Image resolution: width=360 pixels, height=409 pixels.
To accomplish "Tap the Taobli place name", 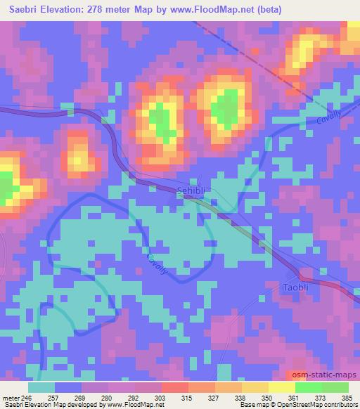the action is pos(295,288).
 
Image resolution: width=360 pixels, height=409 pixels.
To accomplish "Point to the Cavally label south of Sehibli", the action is pos(157,265).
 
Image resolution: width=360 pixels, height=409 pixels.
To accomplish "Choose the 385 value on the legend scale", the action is pos(346,397).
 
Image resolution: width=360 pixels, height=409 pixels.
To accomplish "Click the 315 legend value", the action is pos(188,397).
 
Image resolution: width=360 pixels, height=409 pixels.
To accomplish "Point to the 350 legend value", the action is pos(267,397).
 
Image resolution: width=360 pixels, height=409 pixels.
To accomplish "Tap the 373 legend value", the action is pos(320,397).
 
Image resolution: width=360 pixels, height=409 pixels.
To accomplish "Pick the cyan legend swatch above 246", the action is pos(41,387).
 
